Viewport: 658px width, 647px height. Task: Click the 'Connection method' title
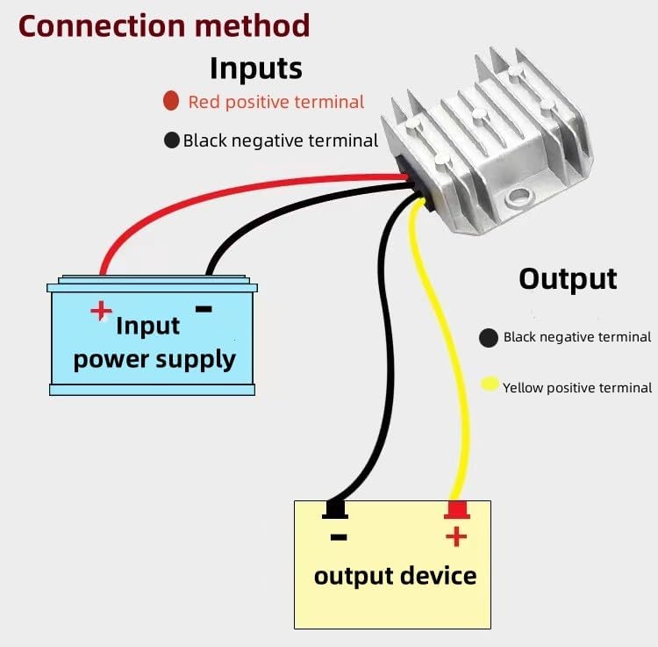(164, 25)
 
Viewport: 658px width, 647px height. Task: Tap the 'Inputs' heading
(255, 68)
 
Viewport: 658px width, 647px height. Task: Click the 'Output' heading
(568, 278)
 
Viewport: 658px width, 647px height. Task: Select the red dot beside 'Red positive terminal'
(171, 101)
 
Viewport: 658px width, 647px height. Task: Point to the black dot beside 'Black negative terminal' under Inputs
(172, 140)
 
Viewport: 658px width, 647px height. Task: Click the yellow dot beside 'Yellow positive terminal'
(490, 385)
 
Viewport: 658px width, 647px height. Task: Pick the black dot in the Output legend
(489, 337)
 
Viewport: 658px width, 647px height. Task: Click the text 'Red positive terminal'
(275, 102)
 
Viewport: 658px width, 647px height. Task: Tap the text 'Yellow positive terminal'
(576, 387)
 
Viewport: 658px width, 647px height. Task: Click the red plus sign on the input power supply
(103, 310)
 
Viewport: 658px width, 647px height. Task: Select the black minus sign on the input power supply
(203, 308)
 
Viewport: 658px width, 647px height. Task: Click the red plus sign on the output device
(456, 536)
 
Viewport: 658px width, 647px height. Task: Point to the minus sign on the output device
(339, 536)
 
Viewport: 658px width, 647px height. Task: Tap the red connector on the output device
(456, 510)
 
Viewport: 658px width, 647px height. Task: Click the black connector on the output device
(335, 510)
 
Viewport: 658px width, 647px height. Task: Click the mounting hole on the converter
(519, 197)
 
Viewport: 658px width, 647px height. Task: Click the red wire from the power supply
(219, 192)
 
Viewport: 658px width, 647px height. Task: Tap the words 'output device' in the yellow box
(395, 576)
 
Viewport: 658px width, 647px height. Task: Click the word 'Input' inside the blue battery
(147, 326)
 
